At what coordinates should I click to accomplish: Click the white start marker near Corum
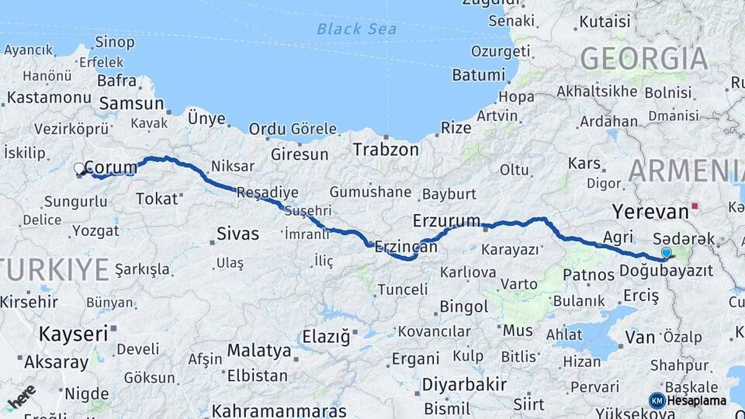coord(78,168)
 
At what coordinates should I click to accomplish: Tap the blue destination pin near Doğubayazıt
coord(666,252)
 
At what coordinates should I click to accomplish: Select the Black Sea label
coord(356,29)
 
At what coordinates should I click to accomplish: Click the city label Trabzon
coord(386,150)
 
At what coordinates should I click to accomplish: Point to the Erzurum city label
coord(446,220)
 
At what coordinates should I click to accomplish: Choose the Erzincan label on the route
coord(405,247)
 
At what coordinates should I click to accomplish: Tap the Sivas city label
coord(237,234)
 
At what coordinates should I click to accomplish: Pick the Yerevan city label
coord(650,211)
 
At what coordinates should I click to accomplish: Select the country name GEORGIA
coord(644,59)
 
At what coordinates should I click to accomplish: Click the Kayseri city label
coord(74,334)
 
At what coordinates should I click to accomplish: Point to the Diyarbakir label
coord(464,384)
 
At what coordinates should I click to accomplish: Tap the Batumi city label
coord(478,75)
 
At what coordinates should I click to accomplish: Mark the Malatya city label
coord(259,351)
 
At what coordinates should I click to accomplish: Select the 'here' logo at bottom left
coord(21,396)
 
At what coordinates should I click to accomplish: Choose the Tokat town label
coord(157,199)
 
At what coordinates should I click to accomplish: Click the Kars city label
coord(584,164)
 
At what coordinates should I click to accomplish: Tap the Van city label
coord(640,337)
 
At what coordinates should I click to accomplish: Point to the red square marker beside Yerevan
coord(696,206)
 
